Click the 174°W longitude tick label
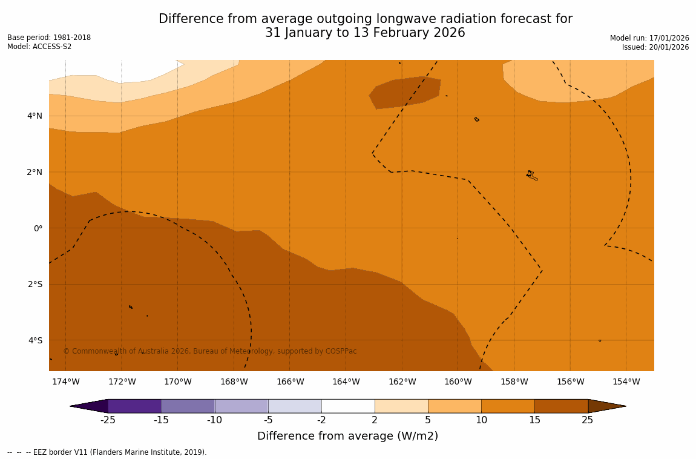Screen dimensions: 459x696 click(65, 381)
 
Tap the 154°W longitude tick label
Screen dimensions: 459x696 click(626, 381)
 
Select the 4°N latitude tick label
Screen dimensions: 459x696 click(34, 116)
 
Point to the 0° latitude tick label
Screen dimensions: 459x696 click(38, 228)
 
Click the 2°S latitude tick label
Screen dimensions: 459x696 click(34, 284)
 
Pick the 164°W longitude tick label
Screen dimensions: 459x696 click(346, 381)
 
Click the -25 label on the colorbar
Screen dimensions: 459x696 click(108, 420)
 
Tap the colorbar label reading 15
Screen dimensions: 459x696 click(534, 420)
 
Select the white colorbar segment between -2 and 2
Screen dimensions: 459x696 click(348, 406)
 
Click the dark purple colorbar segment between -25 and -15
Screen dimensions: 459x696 click(134, 406)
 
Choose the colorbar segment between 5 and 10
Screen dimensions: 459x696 click(455, 406)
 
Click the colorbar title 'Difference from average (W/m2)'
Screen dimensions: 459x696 click(347, 436)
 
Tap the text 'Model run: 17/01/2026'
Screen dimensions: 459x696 click(649, 38)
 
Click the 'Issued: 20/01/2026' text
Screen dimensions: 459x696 click(655, 47)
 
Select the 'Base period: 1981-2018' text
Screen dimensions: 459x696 click(49, 38)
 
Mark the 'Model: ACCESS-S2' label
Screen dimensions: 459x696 click(39, 47)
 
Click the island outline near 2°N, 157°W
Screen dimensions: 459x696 click(531, 175)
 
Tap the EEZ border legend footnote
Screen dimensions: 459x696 click(107, 452)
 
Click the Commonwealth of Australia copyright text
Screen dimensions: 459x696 click(210, 351)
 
